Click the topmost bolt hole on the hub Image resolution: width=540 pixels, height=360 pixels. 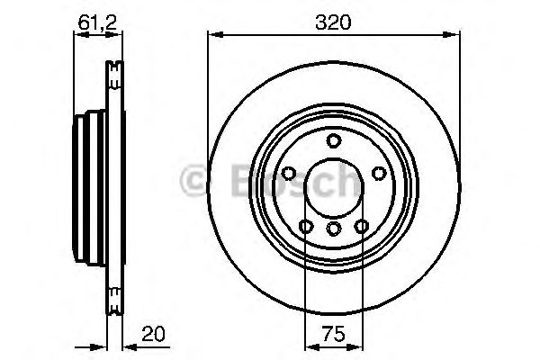click(334, 139)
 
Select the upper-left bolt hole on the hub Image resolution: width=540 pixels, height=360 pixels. click(290, 174)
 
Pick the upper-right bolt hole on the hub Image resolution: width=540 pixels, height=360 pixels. click(378, 174)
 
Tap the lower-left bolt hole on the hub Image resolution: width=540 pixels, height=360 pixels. click(306, 226)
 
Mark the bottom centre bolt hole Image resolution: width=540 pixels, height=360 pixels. click(334, 229)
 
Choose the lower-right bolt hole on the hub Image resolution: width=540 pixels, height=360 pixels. click(363, 226)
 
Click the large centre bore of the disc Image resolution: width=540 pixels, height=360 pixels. click(334, 187)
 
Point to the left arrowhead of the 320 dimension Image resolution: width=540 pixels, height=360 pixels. click(213, 35)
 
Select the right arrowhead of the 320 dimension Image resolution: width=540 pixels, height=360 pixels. click(450, 35)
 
